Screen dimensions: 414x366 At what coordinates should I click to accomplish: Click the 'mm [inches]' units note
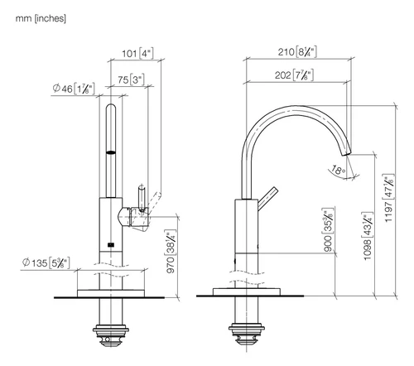click(41, 18)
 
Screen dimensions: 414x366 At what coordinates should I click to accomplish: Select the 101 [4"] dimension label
click(137, 53)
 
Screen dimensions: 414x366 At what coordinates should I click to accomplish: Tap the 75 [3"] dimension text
click(131, 79)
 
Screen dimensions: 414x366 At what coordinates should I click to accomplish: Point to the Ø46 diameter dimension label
click(74, 89)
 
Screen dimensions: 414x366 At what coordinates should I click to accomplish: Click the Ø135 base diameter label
click(46, 262)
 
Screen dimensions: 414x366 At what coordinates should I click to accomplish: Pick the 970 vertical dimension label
click(171, 251)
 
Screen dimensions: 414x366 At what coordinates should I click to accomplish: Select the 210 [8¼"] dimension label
click(297, 51)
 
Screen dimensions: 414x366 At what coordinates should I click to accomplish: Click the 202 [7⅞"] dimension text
click(294, 75)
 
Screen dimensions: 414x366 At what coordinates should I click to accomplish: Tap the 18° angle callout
click(338, 170)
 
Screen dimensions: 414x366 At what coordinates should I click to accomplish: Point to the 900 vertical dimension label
click(328, 229)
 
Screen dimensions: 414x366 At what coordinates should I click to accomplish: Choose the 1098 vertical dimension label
click(368, 236)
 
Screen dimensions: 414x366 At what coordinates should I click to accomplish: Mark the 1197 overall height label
click(388, 198)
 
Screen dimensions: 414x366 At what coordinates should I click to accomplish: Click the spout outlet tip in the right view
click(347, 153)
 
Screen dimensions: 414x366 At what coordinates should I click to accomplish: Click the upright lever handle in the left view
click(142, 198)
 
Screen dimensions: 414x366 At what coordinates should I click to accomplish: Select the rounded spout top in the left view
click(111, 108)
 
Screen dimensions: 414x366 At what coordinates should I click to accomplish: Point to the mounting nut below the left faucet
click(111, 335)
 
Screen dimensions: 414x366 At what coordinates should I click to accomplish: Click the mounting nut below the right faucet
click(247, 334)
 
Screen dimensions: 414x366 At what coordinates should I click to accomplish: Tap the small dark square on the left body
click(111, 244)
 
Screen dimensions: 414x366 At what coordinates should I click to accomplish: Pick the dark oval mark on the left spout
click(111, 152)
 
